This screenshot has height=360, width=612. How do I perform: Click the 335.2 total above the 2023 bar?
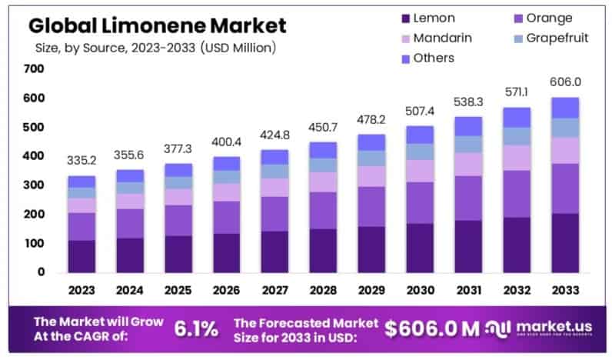click(x=81, y=161)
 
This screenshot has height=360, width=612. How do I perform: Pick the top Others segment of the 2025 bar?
click(x=178, y=170)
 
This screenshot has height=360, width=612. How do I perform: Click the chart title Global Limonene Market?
click(x=157, y=25)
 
